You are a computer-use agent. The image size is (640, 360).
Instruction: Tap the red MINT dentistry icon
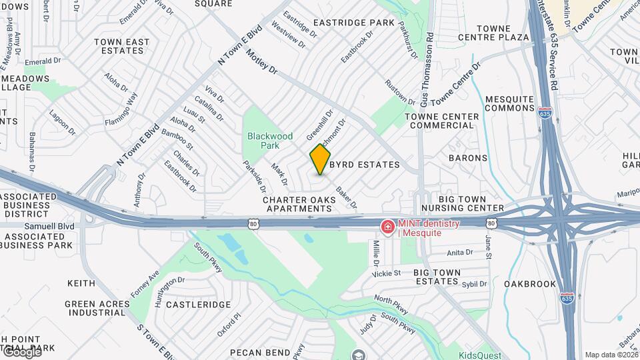(x=387, y=227)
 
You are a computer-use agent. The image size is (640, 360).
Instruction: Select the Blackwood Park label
(x=269, y=140)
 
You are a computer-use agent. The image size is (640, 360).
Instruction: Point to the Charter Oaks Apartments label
(x=297, y=204)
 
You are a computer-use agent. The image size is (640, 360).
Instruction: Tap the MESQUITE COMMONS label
(x=509, y=103)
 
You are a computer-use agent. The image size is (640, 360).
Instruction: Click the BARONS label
(x=468, y=158)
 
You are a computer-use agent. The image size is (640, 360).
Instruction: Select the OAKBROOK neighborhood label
(x=530, y=284)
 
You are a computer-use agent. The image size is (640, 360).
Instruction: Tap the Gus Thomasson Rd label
(x=430, y=67)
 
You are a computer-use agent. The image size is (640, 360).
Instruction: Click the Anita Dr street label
(x=459, y=253)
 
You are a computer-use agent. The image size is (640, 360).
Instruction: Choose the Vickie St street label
(x=387, y=273)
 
